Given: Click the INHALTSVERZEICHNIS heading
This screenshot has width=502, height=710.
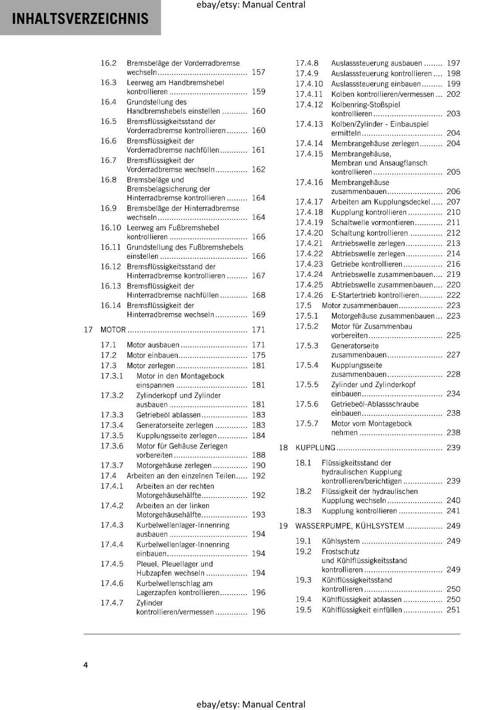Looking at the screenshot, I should tap(80, 19).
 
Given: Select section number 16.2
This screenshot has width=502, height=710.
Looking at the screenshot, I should tap(108, 63).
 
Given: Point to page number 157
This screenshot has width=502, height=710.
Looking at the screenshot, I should tap(259, 72).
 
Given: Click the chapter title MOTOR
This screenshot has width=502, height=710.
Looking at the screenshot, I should tap(113, 330).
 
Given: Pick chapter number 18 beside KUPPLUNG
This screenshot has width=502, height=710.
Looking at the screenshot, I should tap(283, 448).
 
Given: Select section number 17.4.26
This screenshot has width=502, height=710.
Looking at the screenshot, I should tap(309, 295).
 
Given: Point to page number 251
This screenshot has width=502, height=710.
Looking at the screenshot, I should tap(454, 610).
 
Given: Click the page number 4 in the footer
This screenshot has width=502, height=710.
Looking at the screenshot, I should tap(86, 665).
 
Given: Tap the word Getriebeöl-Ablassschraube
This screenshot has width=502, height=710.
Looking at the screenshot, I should tap(375, 404).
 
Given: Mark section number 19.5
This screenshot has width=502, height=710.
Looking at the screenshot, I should tap(303, 610).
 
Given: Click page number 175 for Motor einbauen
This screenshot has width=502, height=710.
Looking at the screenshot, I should tap(259, 355).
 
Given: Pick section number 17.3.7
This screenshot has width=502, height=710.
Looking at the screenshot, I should tap(112, 465).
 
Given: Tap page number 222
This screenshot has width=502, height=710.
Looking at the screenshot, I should tap(454, 295).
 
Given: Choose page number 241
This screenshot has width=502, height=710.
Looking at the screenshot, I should tap(454, 511).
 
